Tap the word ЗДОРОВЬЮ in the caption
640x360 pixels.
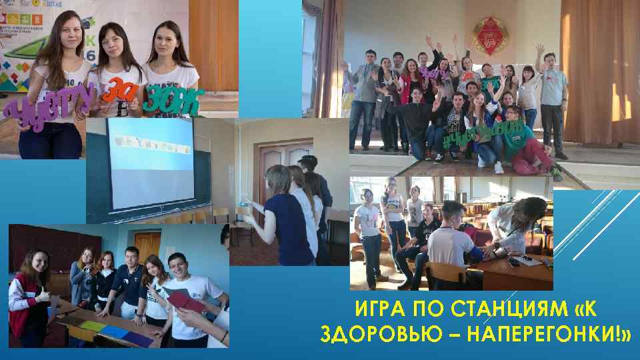(371, 333)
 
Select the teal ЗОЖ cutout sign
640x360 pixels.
(174, 100)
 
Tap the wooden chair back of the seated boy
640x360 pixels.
(445, 273)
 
